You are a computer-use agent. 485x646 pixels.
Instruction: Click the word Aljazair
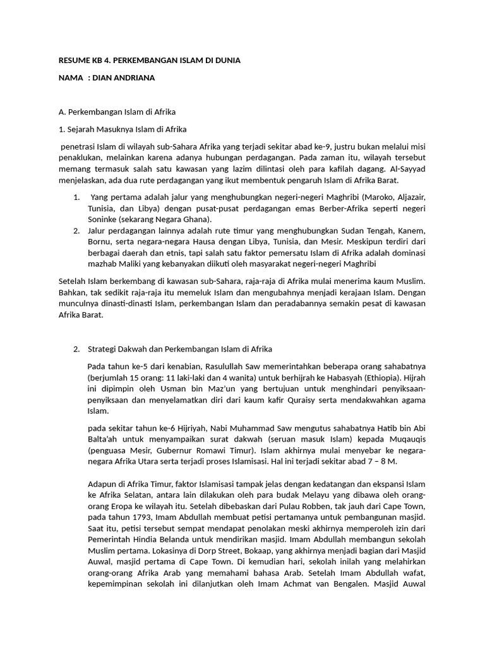coord(406,197)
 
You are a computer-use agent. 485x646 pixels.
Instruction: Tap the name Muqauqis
coord(402,439)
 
